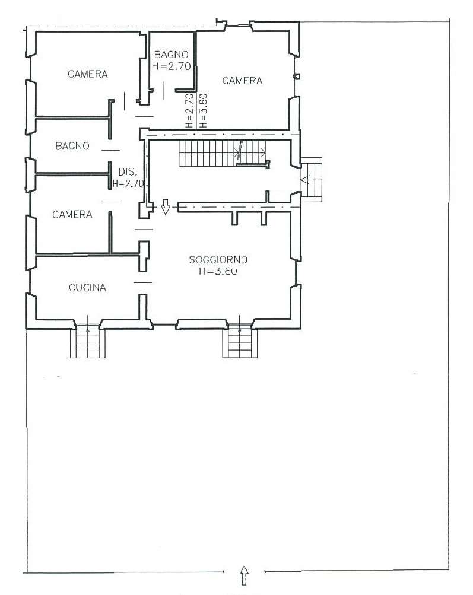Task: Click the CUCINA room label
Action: tap(87, 288)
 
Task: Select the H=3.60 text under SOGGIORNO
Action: tap(218, 271)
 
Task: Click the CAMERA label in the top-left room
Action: tap(88, 74)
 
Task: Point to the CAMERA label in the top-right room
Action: tap(242, 81)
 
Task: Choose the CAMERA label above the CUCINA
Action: tap(72, 214)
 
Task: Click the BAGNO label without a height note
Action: tap(72, 146)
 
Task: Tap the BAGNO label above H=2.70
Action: tap(171, 55)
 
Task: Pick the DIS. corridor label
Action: tap(128, 172)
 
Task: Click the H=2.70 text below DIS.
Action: tap(128, 184)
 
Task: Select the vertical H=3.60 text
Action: tap(203, 110)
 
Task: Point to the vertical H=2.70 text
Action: tap(190, 110)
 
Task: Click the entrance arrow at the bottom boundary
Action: tap(245, 575)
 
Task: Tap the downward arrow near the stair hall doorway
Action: tap(165, 207)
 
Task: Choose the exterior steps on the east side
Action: tap(312, 180)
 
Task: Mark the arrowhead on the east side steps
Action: tap(305, 179)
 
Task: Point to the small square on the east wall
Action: tap(297, 77)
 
